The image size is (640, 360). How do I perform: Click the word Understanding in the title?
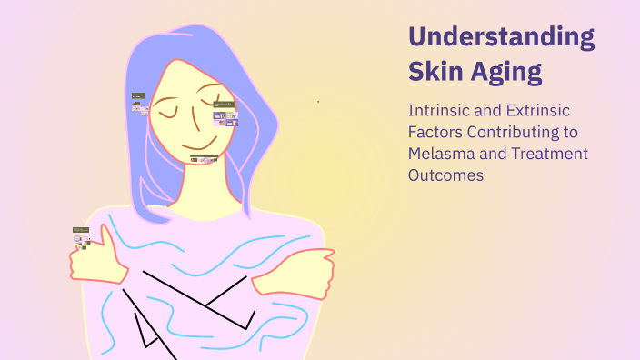(501, 38)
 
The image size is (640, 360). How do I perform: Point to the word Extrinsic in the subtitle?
(535, 110)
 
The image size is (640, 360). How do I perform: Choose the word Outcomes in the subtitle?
(445, 175)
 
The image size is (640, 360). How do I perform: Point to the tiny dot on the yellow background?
(318, 101)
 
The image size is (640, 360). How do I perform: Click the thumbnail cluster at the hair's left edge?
(139, 101)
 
